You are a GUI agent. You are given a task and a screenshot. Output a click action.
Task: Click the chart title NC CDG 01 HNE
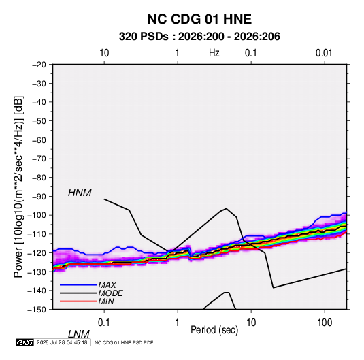click(x=199, y=19)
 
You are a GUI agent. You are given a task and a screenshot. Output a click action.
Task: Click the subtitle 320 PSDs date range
click(x=199, y=37)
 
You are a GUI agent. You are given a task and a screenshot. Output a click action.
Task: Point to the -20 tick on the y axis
click(x=39, y=65)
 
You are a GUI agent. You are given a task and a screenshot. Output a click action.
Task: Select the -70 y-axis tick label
click(x=39, y=159)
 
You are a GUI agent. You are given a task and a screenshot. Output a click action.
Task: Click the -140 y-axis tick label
click(x=37, y=291)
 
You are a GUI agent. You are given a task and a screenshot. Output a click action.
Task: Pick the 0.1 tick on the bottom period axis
click(x=104, y=323)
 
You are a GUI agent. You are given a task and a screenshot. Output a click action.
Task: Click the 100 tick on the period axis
click(x=325, y=323)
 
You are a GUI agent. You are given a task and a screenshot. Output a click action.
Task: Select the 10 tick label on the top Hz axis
click(x=104, y=53)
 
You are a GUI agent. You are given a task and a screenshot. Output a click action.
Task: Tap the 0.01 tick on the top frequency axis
click(x=324, y=53)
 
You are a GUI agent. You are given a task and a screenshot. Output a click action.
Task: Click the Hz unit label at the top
click(x=214, y=53)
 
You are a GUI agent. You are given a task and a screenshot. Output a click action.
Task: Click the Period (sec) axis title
click(x=214, y=330)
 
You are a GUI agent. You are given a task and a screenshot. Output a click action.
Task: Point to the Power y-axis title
click(x=18, y=187)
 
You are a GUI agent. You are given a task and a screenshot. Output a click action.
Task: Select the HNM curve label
click(x=80, y=193)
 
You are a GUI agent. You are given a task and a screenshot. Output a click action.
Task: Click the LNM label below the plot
click(x=78, y=334)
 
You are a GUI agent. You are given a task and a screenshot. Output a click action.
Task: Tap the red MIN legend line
click(x=78, y=301)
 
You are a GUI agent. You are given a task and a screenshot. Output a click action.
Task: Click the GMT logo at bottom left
click(x=24, y=342)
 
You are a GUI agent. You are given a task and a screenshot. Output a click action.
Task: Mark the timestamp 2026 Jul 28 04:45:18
click(x=62, y=342)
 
